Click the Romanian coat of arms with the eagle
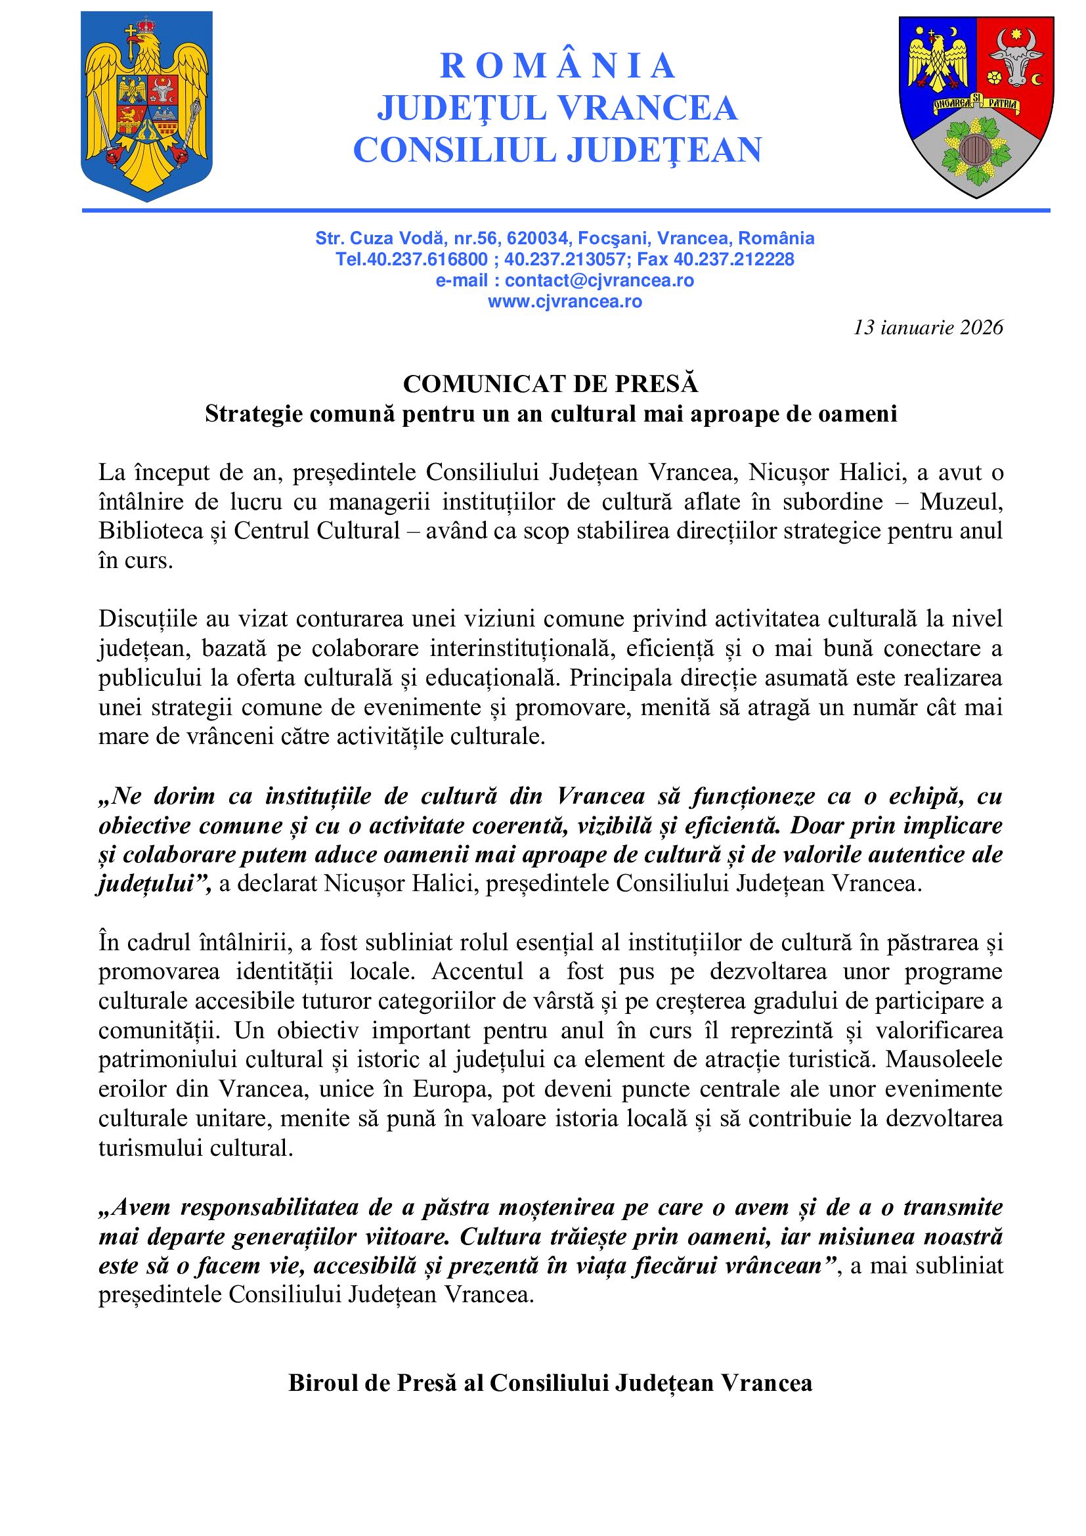pyautogui.click(x=146, y=106)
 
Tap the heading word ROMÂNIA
pyautogui.click(x=557, y=66)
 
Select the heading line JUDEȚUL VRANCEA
pyautogui.click(x=557, y=108)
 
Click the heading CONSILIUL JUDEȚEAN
pyautogui.click(x=557, y=149)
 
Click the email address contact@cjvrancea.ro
pyautogui.click(x=599, y=280)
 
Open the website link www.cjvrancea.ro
pyautogui.click(x=565, y=301)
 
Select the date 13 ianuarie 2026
pyautogui.click(x=928, y=327)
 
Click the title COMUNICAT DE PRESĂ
pyautogui.click(x=550, y=384)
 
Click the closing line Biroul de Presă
pyautogui.click(x=550, y=1383)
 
